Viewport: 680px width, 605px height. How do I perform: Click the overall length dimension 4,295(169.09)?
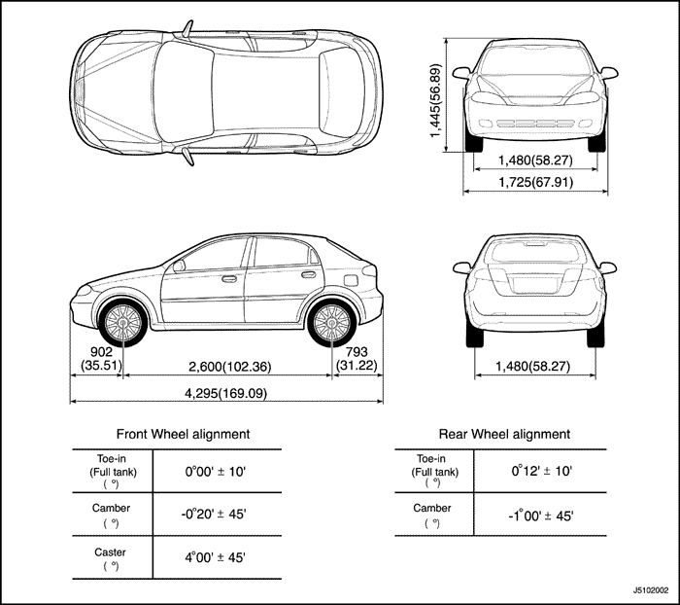click(226, 394)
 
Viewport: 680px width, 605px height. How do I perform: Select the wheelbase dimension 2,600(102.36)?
click(230, 367)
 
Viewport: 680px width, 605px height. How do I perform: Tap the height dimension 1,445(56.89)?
click(435, 100)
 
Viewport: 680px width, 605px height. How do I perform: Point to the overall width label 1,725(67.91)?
click(535, 182)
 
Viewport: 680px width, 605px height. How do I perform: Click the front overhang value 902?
click(101, 352)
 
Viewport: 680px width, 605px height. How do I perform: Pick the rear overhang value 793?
click(357, 352)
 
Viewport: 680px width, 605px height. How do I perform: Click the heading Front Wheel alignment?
click(183, 434)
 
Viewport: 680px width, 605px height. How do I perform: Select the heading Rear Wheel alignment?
click(504, 434)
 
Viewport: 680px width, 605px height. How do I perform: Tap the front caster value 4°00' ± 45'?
click(216, 557)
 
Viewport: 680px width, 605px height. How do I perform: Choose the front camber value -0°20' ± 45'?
click(214, 515)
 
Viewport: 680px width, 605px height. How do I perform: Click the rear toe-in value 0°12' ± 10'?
click(542, 471)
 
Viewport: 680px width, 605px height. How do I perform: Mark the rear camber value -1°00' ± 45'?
click(541, 516)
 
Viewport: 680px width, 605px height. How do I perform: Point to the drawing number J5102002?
click(651, 590)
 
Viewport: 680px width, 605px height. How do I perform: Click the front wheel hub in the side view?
click(123, 323)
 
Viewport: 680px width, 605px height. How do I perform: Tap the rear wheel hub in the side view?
click(332, 323)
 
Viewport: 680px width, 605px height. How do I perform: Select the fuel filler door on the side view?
click(351, 280)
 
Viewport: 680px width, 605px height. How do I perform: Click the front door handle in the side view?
click(229, 279)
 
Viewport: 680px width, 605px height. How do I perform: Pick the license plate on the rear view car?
click(534, 285)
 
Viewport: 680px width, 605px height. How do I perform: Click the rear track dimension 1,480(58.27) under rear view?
click(533, 367)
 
